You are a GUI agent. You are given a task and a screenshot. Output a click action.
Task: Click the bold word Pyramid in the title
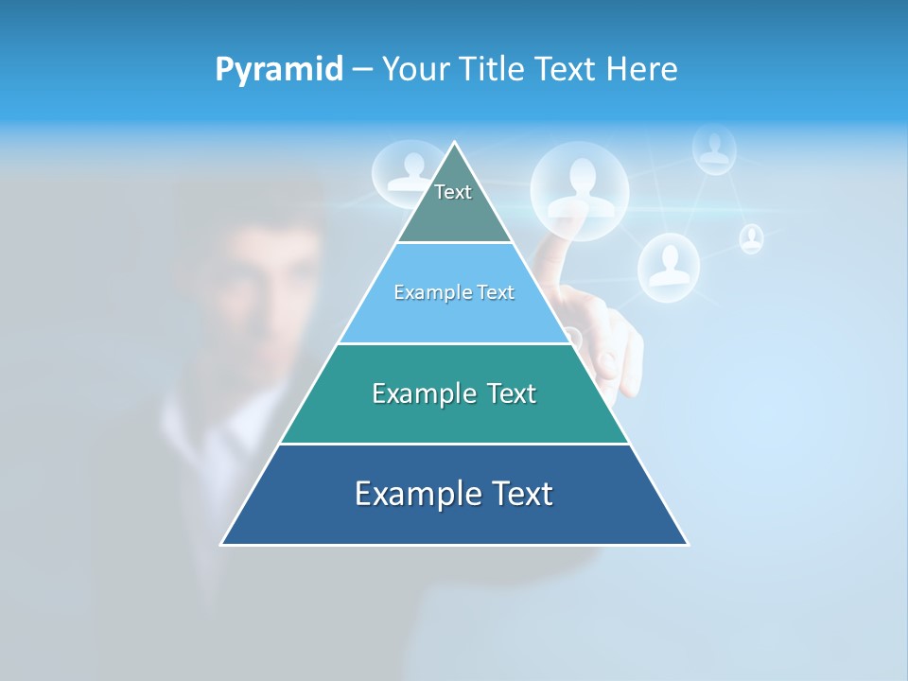279,69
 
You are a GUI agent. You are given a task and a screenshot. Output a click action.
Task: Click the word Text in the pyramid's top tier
453,192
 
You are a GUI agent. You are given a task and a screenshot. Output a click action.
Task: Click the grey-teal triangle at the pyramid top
454,213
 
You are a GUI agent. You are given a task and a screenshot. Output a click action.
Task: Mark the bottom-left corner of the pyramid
221,545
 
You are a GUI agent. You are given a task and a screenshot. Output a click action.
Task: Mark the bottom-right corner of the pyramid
688,545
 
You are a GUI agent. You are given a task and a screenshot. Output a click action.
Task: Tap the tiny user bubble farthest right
751,238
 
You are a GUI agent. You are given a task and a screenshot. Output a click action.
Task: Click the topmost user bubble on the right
714,148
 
